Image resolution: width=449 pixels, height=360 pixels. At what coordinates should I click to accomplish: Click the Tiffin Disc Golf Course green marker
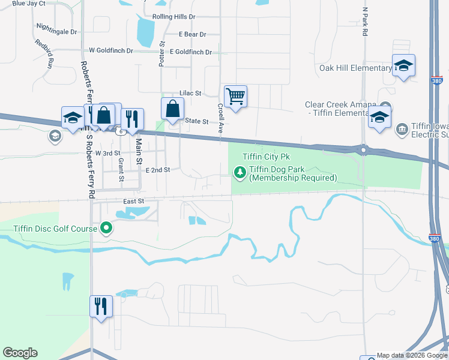106,228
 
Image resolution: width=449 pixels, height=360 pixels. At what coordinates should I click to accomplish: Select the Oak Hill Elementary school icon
403,66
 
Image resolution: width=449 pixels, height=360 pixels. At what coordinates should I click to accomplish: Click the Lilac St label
190,94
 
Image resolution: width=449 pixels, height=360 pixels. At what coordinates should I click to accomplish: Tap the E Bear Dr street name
192,35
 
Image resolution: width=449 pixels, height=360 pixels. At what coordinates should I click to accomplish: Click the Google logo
20,353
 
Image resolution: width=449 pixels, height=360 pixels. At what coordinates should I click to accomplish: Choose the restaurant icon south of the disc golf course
101,307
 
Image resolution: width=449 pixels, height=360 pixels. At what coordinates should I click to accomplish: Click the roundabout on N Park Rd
363,149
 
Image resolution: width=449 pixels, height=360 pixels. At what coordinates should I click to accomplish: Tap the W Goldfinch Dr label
110,51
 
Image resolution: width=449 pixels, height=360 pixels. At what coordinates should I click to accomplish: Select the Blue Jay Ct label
28,4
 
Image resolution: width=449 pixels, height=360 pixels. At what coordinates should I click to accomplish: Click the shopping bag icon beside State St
172,110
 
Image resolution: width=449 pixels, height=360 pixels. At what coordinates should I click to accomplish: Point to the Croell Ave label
220,118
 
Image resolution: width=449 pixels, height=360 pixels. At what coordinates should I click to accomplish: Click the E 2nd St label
158,170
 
